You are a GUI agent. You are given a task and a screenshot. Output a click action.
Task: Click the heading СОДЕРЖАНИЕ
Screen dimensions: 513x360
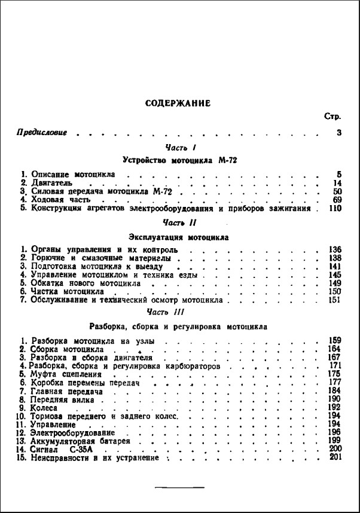[178, 103]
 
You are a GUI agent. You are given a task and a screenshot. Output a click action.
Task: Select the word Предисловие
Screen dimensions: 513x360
[41, 132]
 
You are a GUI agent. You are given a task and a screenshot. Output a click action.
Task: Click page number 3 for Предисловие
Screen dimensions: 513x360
[338, 132]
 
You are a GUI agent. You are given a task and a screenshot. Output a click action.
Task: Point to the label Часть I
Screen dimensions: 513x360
[179, 147]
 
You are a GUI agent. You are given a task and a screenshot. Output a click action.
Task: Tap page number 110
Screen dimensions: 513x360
[334, 209]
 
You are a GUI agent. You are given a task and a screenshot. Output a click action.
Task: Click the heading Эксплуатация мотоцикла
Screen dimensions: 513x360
[179, 237]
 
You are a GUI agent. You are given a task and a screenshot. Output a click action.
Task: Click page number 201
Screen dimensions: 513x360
[334, 457]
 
